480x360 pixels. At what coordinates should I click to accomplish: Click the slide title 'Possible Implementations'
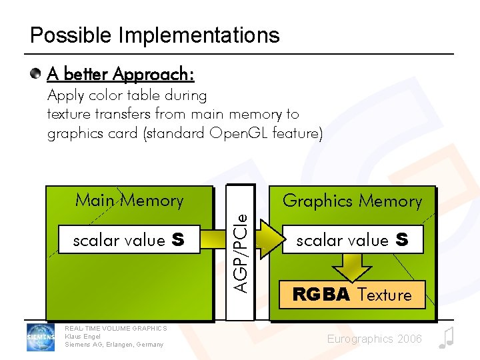coord(155,35)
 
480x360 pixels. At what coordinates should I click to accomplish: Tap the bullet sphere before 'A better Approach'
coord(37,73)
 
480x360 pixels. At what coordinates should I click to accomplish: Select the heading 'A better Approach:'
coord(121,73)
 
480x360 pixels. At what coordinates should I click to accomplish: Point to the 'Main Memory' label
coord(129,200)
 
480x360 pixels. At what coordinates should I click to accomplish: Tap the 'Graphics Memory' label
coord(352,201)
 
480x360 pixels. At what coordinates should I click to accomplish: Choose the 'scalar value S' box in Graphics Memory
coord(352,240)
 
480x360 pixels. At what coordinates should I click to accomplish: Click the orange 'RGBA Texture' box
coord(352,295)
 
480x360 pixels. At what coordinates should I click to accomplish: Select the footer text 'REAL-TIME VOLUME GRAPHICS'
coord(116,328)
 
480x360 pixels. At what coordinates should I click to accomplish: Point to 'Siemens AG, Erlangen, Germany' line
coord(114,344)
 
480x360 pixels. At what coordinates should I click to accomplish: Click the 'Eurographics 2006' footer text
coord(375,339)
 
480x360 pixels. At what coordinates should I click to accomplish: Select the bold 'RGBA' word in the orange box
coord(321,295)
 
